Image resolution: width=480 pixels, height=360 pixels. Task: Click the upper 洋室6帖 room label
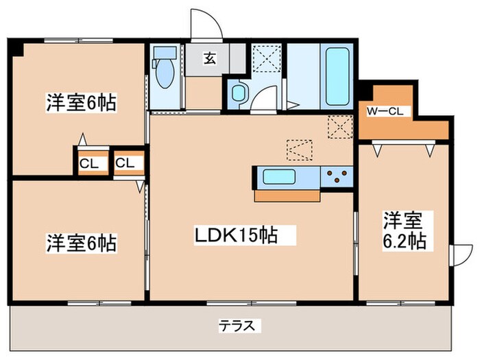click(81, 104)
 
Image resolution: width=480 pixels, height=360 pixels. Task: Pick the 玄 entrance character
click(209, 59)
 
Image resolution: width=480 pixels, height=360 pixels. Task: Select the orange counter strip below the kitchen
click(288, 195)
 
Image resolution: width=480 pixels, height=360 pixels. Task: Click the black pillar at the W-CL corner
click(365, 89)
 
